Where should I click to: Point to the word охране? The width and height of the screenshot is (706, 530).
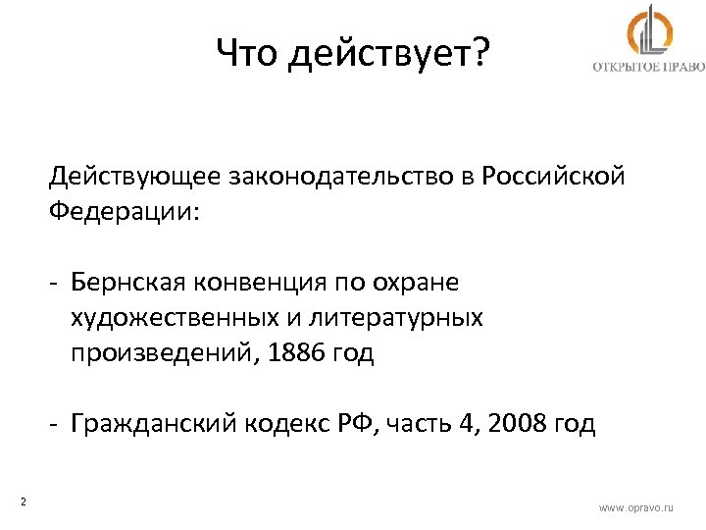415,284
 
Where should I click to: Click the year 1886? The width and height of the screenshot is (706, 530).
283,352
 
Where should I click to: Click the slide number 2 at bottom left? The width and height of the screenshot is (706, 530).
23,503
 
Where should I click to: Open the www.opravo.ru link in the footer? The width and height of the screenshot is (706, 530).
636,507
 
